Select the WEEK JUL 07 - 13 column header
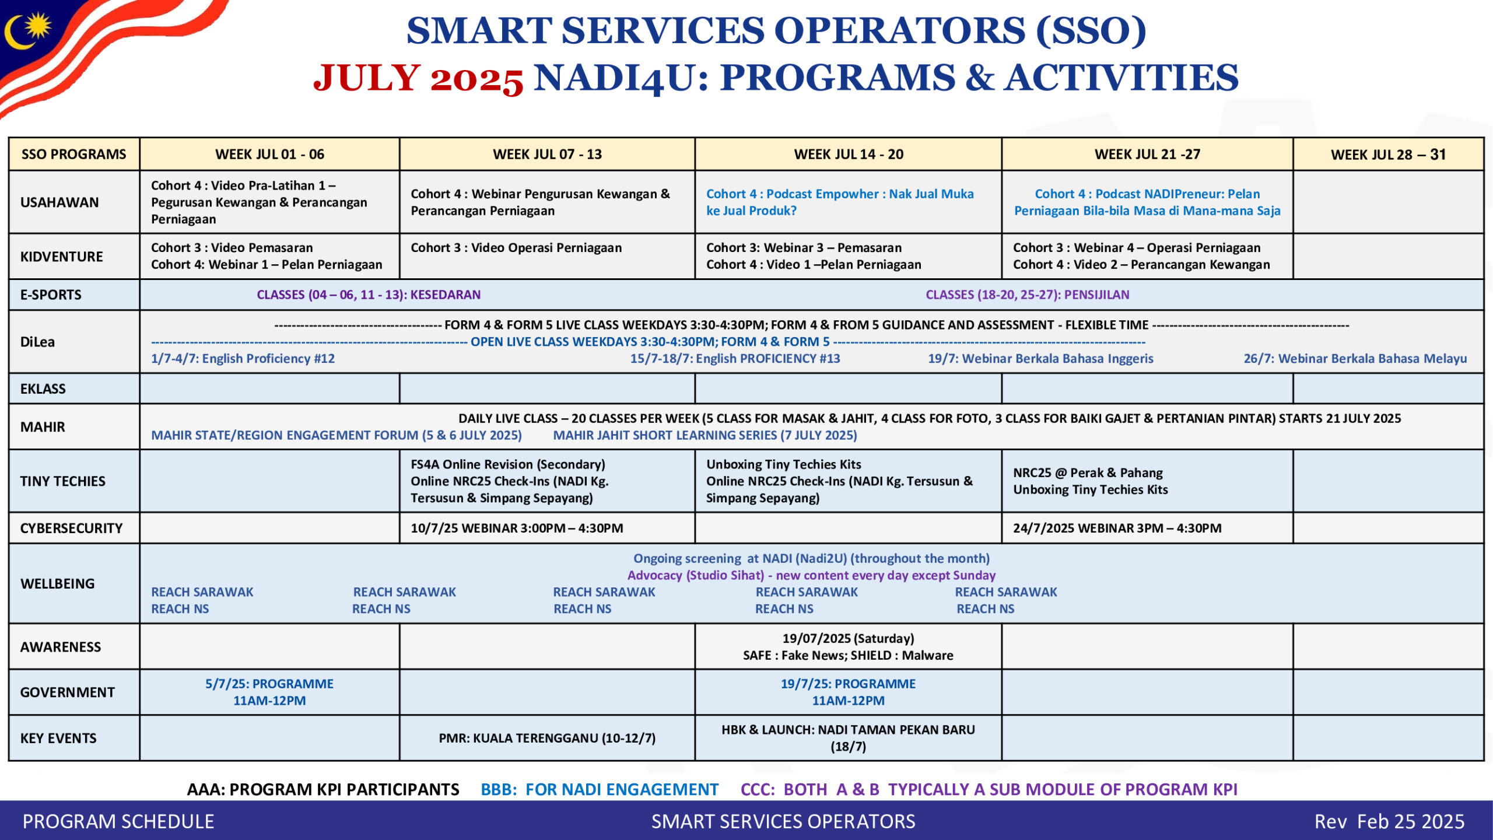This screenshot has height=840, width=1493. [x=547, y=154]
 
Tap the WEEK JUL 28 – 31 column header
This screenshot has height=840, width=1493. [x=1388, y=155]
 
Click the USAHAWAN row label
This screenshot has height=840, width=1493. [x=59, y=202]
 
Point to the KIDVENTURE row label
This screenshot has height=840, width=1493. [x=61, y=256]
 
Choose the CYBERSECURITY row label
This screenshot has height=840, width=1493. [x=71, y=528]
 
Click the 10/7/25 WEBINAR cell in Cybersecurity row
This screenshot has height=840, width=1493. [x=517, y=528]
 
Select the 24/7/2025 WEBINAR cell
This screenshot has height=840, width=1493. [x=1117, y=528]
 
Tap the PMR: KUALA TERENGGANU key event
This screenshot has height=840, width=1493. [x=547, y=738]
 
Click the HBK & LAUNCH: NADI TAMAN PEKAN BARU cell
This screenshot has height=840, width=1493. [x=848, y=738]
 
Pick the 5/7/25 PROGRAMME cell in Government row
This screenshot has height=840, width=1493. [x=269, y=692]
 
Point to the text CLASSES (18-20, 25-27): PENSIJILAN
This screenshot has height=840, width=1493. [x=1027, y=295]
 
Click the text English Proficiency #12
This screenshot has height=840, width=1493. [x=243, y=358]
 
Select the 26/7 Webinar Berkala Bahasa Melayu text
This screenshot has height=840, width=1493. [x=1355, y=358]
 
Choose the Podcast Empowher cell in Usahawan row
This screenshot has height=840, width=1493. [x=840, y=202]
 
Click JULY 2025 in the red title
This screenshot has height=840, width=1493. [x=418, y=78]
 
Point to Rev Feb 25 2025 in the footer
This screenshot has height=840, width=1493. [x=1389, y=821]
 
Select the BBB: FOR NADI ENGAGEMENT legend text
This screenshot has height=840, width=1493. [x=599, y=789]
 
